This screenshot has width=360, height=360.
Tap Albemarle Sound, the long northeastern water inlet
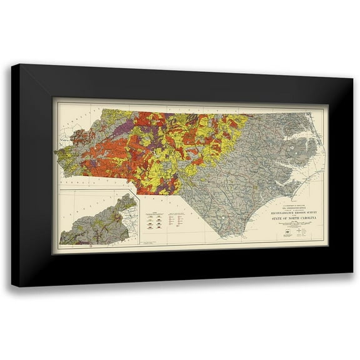click(294, 128)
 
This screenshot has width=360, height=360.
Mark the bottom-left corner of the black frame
click(12, 286)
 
